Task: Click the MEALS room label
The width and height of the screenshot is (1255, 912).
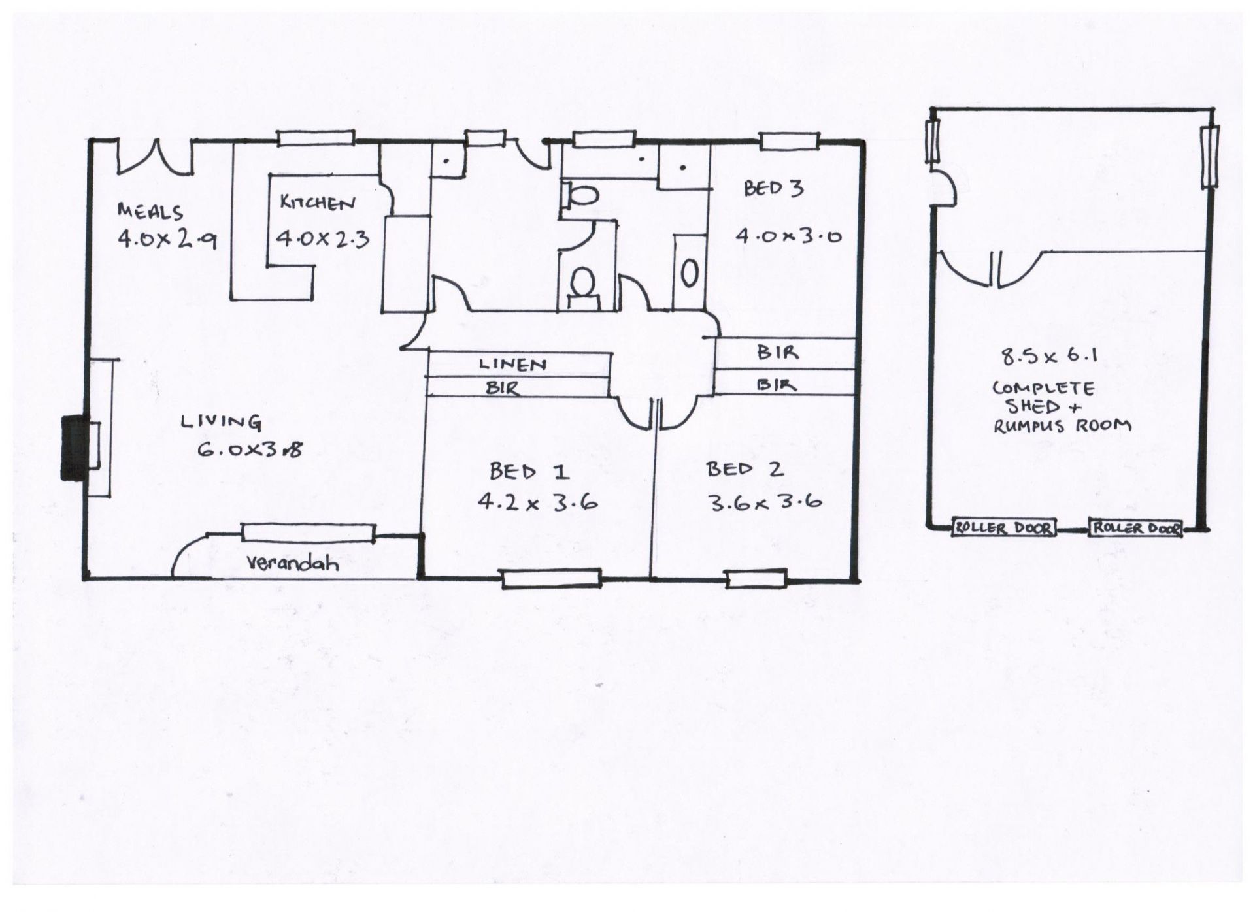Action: point(150,212)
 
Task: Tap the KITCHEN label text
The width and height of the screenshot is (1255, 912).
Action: point(318,203)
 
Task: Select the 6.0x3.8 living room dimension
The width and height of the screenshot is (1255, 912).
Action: point(250,449)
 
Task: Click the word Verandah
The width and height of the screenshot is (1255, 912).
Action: point(293,563)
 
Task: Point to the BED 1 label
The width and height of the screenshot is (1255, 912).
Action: point(529,471)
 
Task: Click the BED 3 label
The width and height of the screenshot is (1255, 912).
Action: point(773,189)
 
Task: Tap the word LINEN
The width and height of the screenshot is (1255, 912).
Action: point(513,365)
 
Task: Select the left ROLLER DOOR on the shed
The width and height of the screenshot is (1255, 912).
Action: point(1004,528)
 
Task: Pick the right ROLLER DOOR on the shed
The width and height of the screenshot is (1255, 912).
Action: point(1135,528)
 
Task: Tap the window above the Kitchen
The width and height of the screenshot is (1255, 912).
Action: point(316,138)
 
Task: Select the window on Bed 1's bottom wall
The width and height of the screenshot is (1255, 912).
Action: point(551,578)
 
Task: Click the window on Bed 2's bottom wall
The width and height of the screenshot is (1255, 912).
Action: point(756,578)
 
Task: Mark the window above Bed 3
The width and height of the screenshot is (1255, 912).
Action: point(789,141)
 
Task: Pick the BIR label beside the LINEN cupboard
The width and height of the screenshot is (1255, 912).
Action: point(503,388)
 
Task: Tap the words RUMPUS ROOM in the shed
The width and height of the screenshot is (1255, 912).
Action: point(1062,426)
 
